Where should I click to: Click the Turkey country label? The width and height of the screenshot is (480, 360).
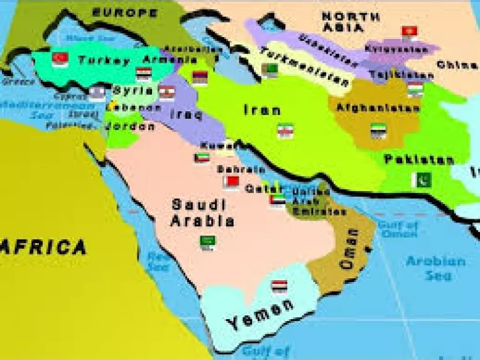104,61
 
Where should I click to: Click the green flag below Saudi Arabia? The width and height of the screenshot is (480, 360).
208,241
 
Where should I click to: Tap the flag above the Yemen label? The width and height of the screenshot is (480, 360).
279,286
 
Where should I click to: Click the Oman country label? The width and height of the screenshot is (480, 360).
349,250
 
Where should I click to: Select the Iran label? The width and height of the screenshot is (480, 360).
262,111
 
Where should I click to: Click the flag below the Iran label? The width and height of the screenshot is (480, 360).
285,130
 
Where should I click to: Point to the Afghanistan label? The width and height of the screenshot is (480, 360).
378,108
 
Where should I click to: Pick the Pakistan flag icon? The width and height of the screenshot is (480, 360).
421,180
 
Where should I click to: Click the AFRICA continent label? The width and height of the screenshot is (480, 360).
44,247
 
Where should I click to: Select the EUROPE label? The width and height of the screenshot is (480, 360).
125,12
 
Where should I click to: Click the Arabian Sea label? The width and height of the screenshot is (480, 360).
435,268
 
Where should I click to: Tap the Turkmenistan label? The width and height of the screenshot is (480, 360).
305,68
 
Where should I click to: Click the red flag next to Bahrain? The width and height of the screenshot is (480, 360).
231,183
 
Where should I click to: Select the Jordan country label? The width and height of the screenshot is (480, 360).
131,127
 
